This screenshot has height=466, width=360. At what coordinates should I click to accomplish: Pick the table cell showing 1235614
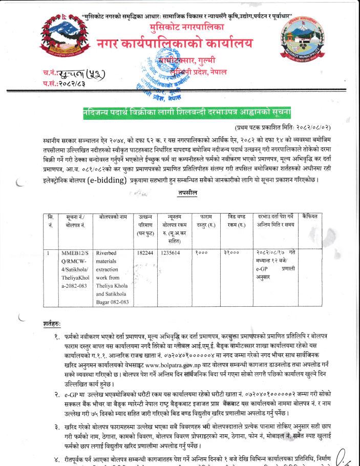(x=171, y=253)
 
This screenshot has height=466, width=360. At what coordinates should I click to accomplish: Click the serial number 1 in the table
(x=48, y=253)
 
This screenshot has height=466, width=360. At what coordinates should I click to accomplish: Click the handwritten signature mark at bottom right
(x=348, y=456)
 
